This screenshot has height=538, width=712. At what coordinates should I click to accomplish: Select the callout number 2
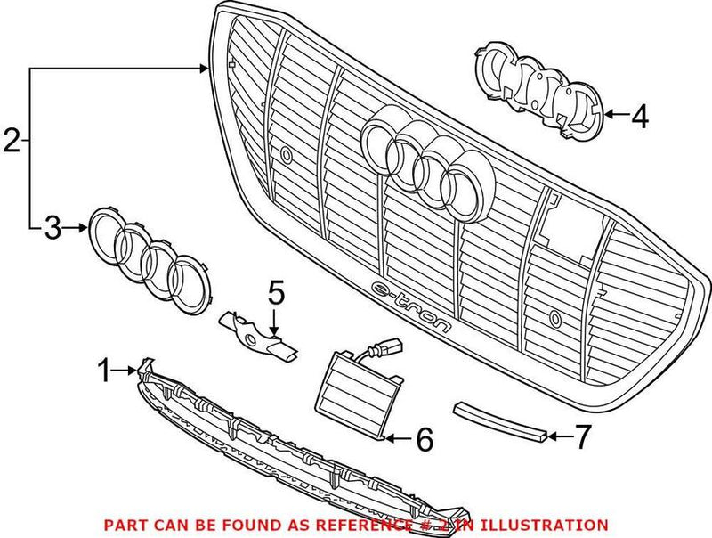point(11,141)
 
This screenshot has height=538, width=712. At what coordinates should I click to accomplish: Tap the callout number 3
point(53,229)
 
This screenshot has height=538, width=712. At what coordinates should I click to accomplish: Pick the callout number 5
point(276,291)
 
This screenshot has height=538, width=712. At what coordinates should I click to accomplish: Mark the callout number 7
point(582,436)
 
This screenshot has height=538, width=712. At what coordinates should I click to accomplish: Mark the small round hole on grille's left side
point(286,155)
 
